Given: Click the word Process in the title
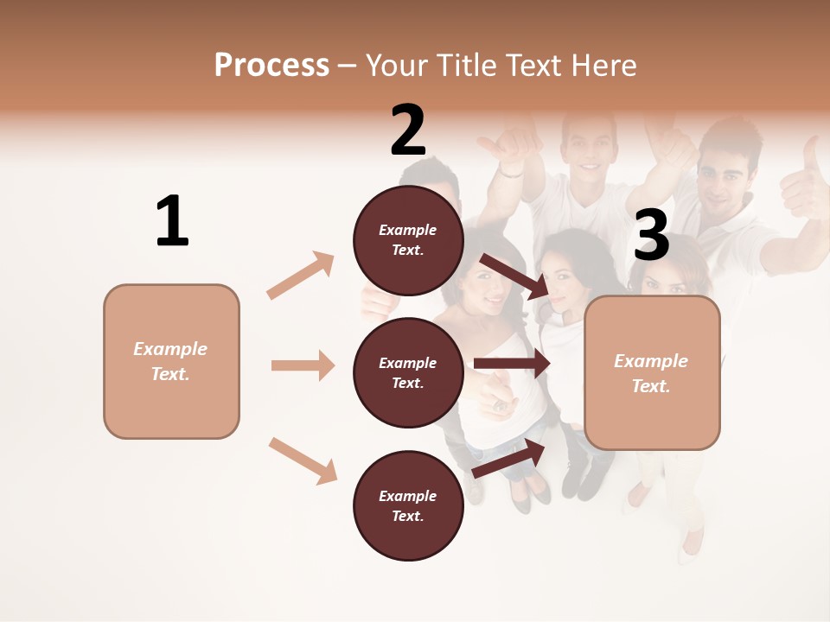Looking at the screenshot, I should (x=271, y=66).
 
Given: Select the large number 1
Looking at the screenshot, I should (x=172, y=221).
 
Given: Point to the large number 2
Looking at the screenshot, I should (x=408, y=130).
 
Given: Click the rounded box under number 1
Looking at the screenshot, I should (x=171, y=361).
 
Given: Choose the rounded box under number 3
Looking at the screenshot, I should (x=652, y=372).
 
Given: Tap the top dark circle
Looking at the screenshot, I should (x=408, y=240).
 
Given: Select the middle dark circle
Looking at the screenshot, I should (x=408, y=372).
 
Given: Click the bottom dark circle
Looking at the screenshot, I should (x=408, y=505).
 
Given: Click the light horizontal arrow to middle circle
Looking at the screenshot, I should (x=303, y=365).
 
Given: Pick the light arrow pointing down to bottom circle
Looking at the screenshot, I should (x=303, y=460).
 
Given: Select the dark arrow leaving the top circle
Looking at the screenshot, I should (x=515, y=276).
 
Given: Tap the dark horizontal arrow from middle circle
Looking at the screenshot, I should (x=512, y=364).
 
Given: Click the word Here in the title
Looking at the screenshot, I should (x=605, y=66).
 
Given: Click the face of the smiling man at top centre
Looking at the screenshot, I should (x=591, y=147).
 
